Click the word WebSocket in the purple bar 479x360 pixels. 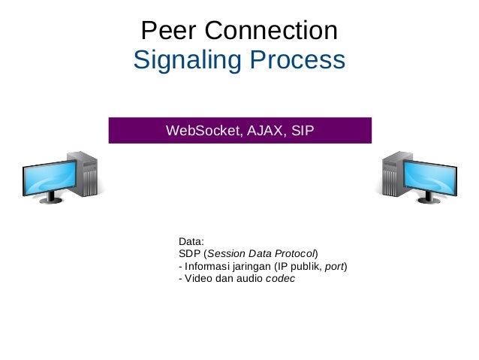point(200,132)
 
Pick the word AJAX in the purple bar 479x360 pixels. point(263,132)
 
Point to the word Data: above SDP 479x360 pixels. point(191,242)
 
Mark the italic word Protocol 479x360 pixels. point(296,254)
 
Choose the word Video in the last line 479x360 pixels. point(197,279)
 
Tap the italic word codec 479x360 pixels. point(281,279)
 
